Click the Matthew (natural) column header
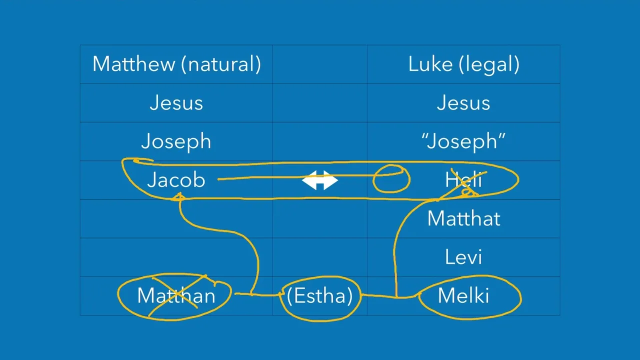pyautogui.click(x=176, y=64)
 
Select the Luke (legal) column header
pyautogui.click(x=463, y=64)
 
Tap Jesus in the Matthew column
pyautogui.click(x=176, y=103)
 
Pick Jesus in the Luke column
pyautogui.click(x=463, y=103)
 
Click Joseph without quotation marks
pyautogui.click(x=176, y=141)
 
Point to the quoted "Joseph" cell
pyautogui.click(x=463, y=141)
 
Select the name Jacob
pyautogui.click(x=176, y=180)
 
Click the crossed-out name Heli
pyautogui.click(x=463, y=180)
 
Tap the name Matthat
pyautogui.click(x=463, y=218)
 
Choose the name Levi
pyautogui.click(x=463, y=257)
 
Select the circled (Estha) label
pyautogui.click(x=319, y=295)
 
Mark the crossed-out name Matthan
pyautogui.click(x=176, y=295)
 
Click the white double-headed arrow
pyautogui.click(x=320, y=180)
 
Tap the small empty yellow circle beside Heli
pyautogui.click(x=391, y=179)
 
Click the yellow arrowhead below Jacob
pyautogui.click(x=178, y=198)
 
